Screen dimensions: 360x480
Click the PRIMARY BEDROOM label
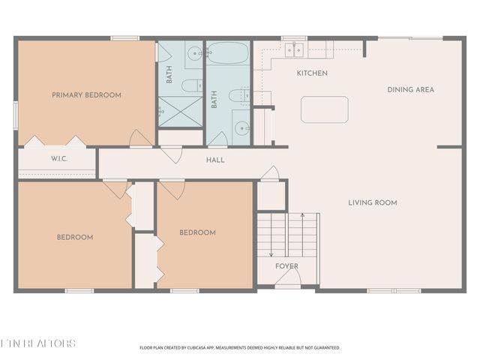coord(86,95)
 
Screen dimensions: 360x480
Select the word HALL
coord(215,160)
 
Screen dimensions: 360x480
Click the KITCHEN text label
coord(312,73)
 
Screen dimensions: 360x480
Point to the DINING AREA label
coord(410,89)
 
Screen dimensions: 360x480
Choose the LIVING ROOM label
coord(372,202)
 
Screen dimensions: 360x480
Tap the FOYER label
coord(286,266)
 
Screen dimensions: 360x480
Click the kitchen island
coord(324,109)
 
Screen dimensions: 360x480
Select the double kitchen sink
coord(294,50)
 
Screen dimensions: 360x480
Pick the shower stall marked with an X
coord(178,111)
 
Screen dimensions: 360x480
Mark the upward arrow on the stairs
coord(301,225)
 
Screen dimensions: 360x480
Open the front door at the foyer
coord(287,280)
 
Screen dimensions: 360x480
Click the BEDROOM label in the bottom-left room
coord(75,237)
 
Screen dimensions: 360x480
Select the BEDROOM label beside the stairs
coord(197,232)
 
